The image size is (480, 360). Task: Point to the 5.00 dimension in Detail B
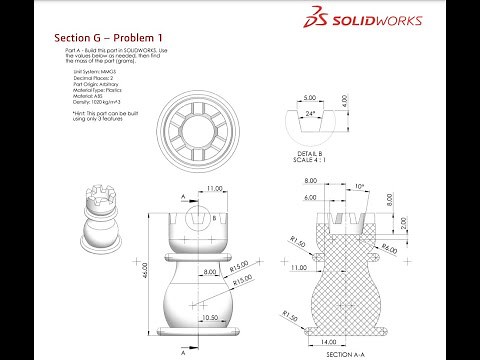point(310,98)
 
